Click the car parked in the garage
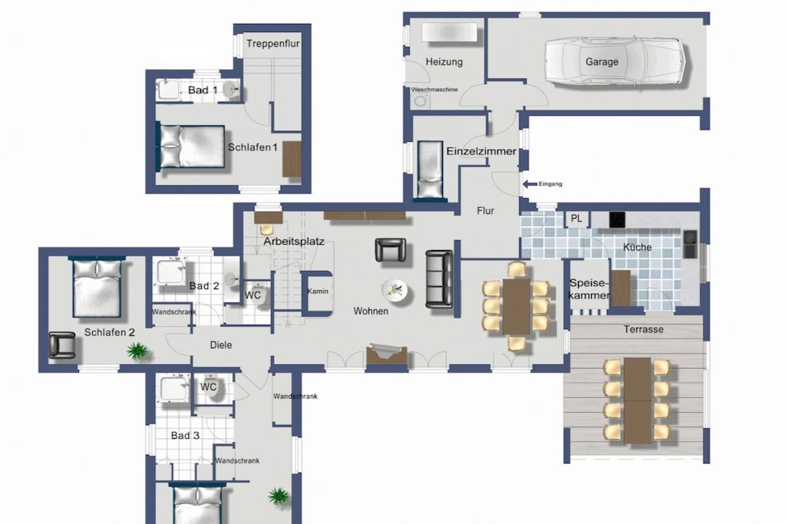point(615,61)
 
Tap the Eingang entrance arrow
point(530,184)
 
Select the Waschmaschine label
point(434,90)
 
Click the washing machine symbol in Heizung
point(420,101)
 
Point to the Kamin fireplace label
point(317,291)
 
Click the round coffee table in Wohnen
point(395,291)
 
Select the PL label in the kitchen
point(576,219)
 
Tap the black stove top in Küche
point(617,219)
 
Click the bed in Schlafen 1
point(192,146)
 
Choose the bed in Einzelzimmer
point(430,170)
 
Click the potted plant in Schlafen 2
point(137,350)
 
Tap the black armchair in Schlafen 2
point(62,346)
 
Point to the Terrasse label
point(644,330)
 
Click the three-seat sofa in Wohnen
point(439,278)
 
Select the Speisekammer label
point(589,289)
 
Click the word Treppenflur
point(272,44)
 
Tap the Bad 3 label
point(185,436)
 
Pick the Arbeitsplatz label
point(294,242)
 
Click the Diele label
point(221,345)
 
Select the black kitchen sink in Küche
point(690,244)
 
